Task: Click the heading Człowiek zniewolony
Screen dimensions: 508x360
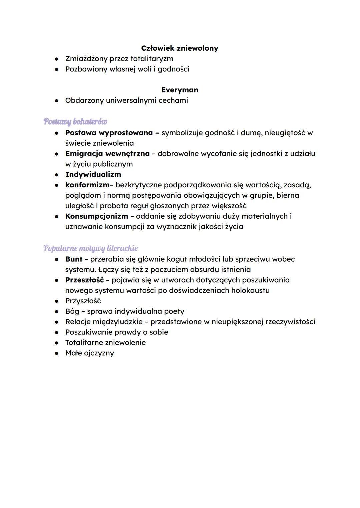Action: click(179, 48)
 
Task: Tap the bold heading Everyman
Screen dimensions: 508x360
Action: click(179, 90)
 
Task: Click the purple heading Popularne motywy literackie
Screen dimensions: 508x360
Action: click(90, 248)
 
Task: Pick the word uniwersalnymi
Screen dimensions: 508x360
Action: click(131, 100)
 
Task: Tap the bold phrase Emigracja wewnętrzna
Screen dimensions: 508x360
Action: click(107, 154)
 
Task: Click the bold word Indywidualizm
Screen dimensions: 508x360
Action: click(93, 174)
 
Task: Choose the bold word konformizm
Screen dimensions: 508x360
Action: click(87, 185)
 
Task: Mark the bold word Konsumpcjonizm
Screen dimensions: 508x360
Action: click(96, 216)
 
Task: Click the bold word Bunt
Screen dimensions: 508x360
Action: click(74, 259)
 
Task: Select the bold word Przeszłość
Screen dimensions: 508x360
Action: click(84, 280)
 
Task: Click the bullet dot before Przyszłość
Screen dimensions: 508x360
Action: click(57, 301)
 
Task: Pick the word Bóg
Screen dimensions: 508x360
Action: click(72, 311)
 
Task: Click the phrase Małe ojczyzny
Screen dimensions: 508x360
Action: click(89, 353)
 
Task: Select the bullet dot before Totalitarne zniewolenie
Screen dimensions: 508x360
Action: click(57, 343)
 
